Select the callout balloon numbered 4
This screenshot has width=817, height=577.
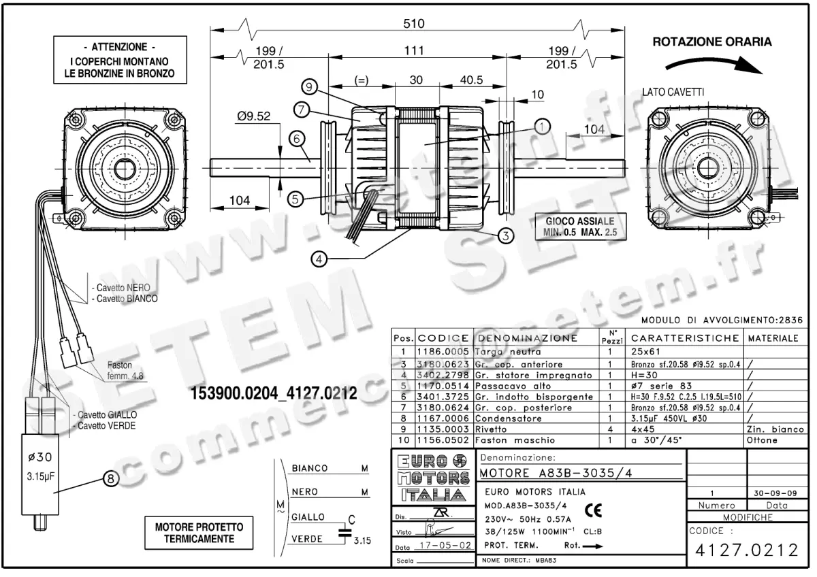(320, 258)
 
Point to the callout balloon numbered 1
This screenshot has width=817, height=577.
(542, 126)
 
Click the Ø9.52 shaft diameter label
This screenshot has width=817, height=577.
(254, 116)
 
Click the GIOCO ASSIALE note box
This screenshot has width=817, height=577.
(579, 226)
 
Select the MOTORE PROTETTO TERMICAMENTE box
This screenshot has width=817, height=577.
(195, 533)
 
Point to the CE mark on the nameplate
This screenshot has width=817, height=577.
(592, 509)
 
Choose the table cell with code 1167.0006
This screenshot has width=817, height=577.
(443, 418)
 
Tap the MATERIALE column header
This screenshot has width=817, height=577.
(774, 337)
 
